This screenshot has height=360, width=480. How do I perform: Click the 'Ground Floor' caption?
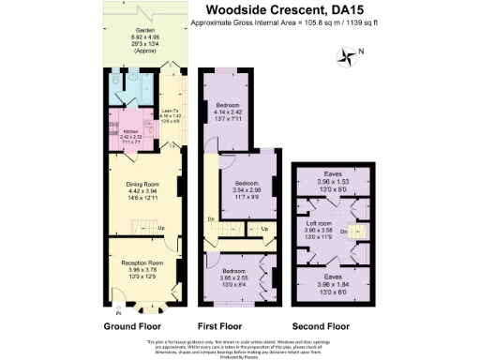tap(131, 326)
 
